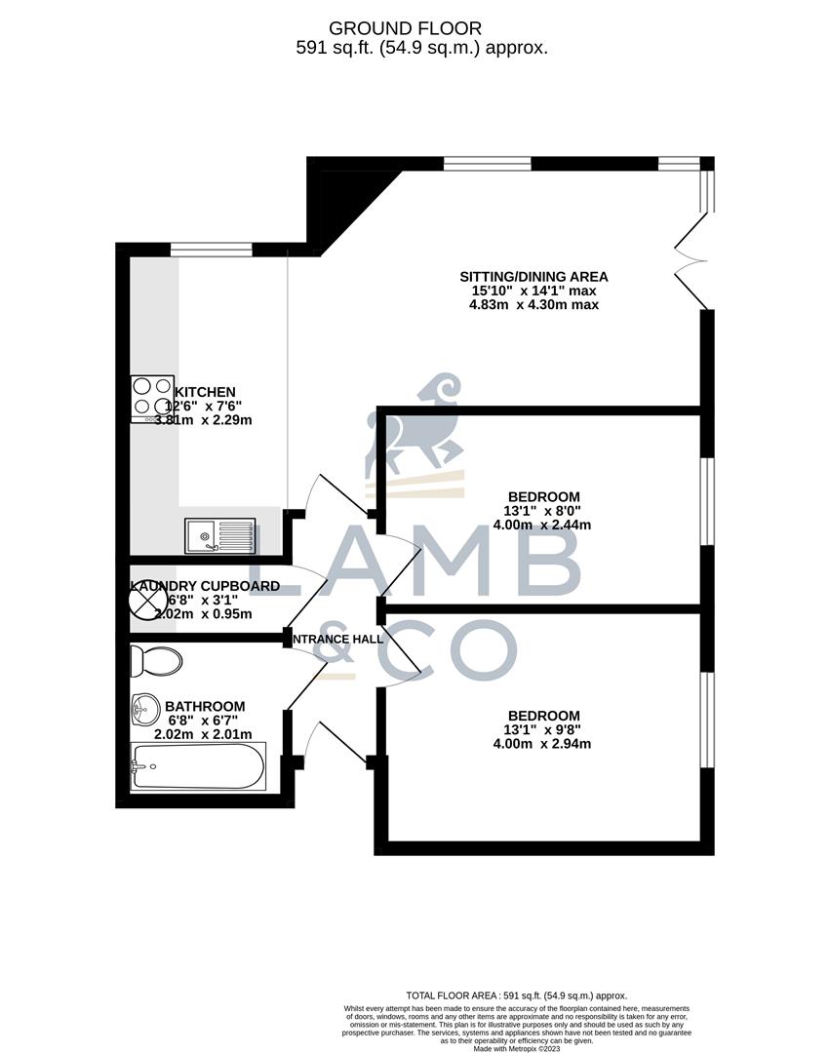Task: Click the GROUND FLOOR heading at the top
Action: click(x=405, y=28)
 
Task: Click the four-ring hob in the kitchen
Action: click(x=152, y=398)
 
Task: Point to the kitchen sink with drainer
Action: click(x=220, y=535)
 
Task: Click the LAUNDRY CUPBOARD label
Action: click(x=205, y=586)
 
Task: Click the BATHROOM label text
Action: click(x=205, y=706)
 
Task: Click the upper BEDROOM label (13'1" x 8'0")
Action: click(x=543, y=495)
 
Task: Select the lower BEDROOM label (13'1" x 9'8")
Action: click(x=543, y=715)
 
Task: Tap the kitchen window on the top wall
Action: click(x=212, y=250)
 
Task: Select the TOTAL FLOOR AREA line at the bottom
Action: click(x=518, y=995)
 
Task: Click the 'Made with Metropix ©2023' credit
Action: click(x=518, y=1048)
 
